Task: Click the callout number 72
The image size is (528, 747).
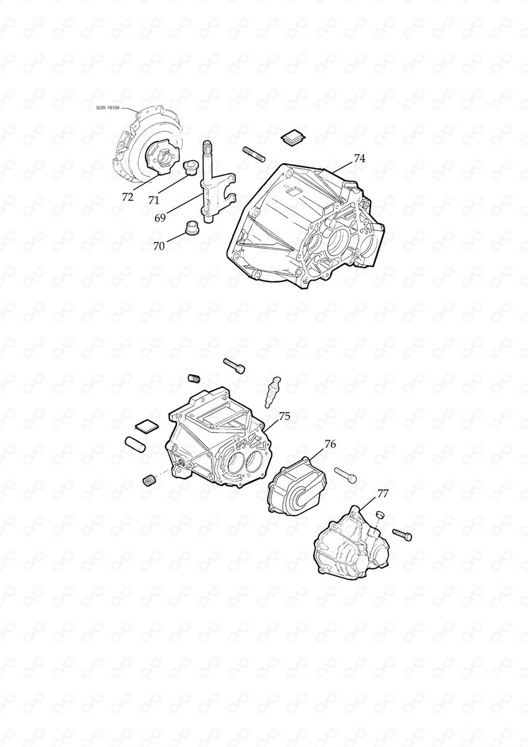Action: (127, 197)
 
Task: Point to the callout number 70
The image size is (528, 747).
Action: (159, 246)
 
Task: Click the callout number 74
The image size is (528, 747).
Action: (359, 159)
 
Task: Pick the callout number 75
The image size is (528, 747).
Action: (284, 416)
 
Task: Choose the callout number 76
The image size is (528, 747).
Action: (330, 444)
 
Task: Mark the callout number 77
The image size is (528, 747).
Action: (383, 494)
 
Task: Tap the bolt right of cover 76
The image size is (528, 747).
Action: (347, 474)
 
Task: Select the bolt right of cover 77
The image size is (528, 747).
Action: (402, 533)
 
